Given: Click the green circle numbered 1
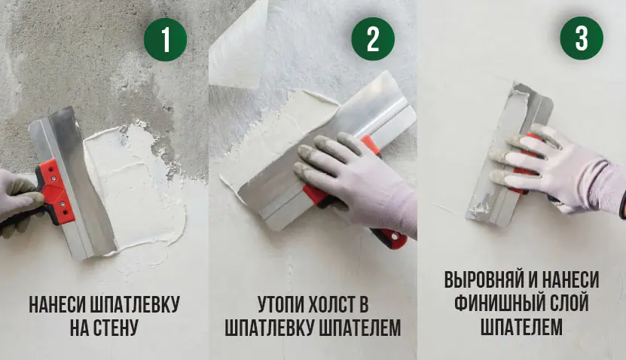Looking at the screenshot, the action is tap(165, 39).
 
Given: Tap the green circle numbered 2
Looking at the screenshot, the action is tap(373, 38).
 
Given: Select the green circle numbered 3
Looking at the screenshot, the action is tap(582, 38).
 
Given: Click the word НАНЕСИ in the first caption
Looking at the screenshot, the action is tap(57, 305).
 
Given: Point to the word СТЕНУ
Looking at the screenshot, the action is tap(116, 328).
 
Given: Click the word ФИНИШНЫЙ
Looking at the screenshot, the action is tap(499, 303).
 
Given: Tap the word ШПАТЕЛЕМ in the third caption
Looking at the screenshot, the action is tap(521, 326).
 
